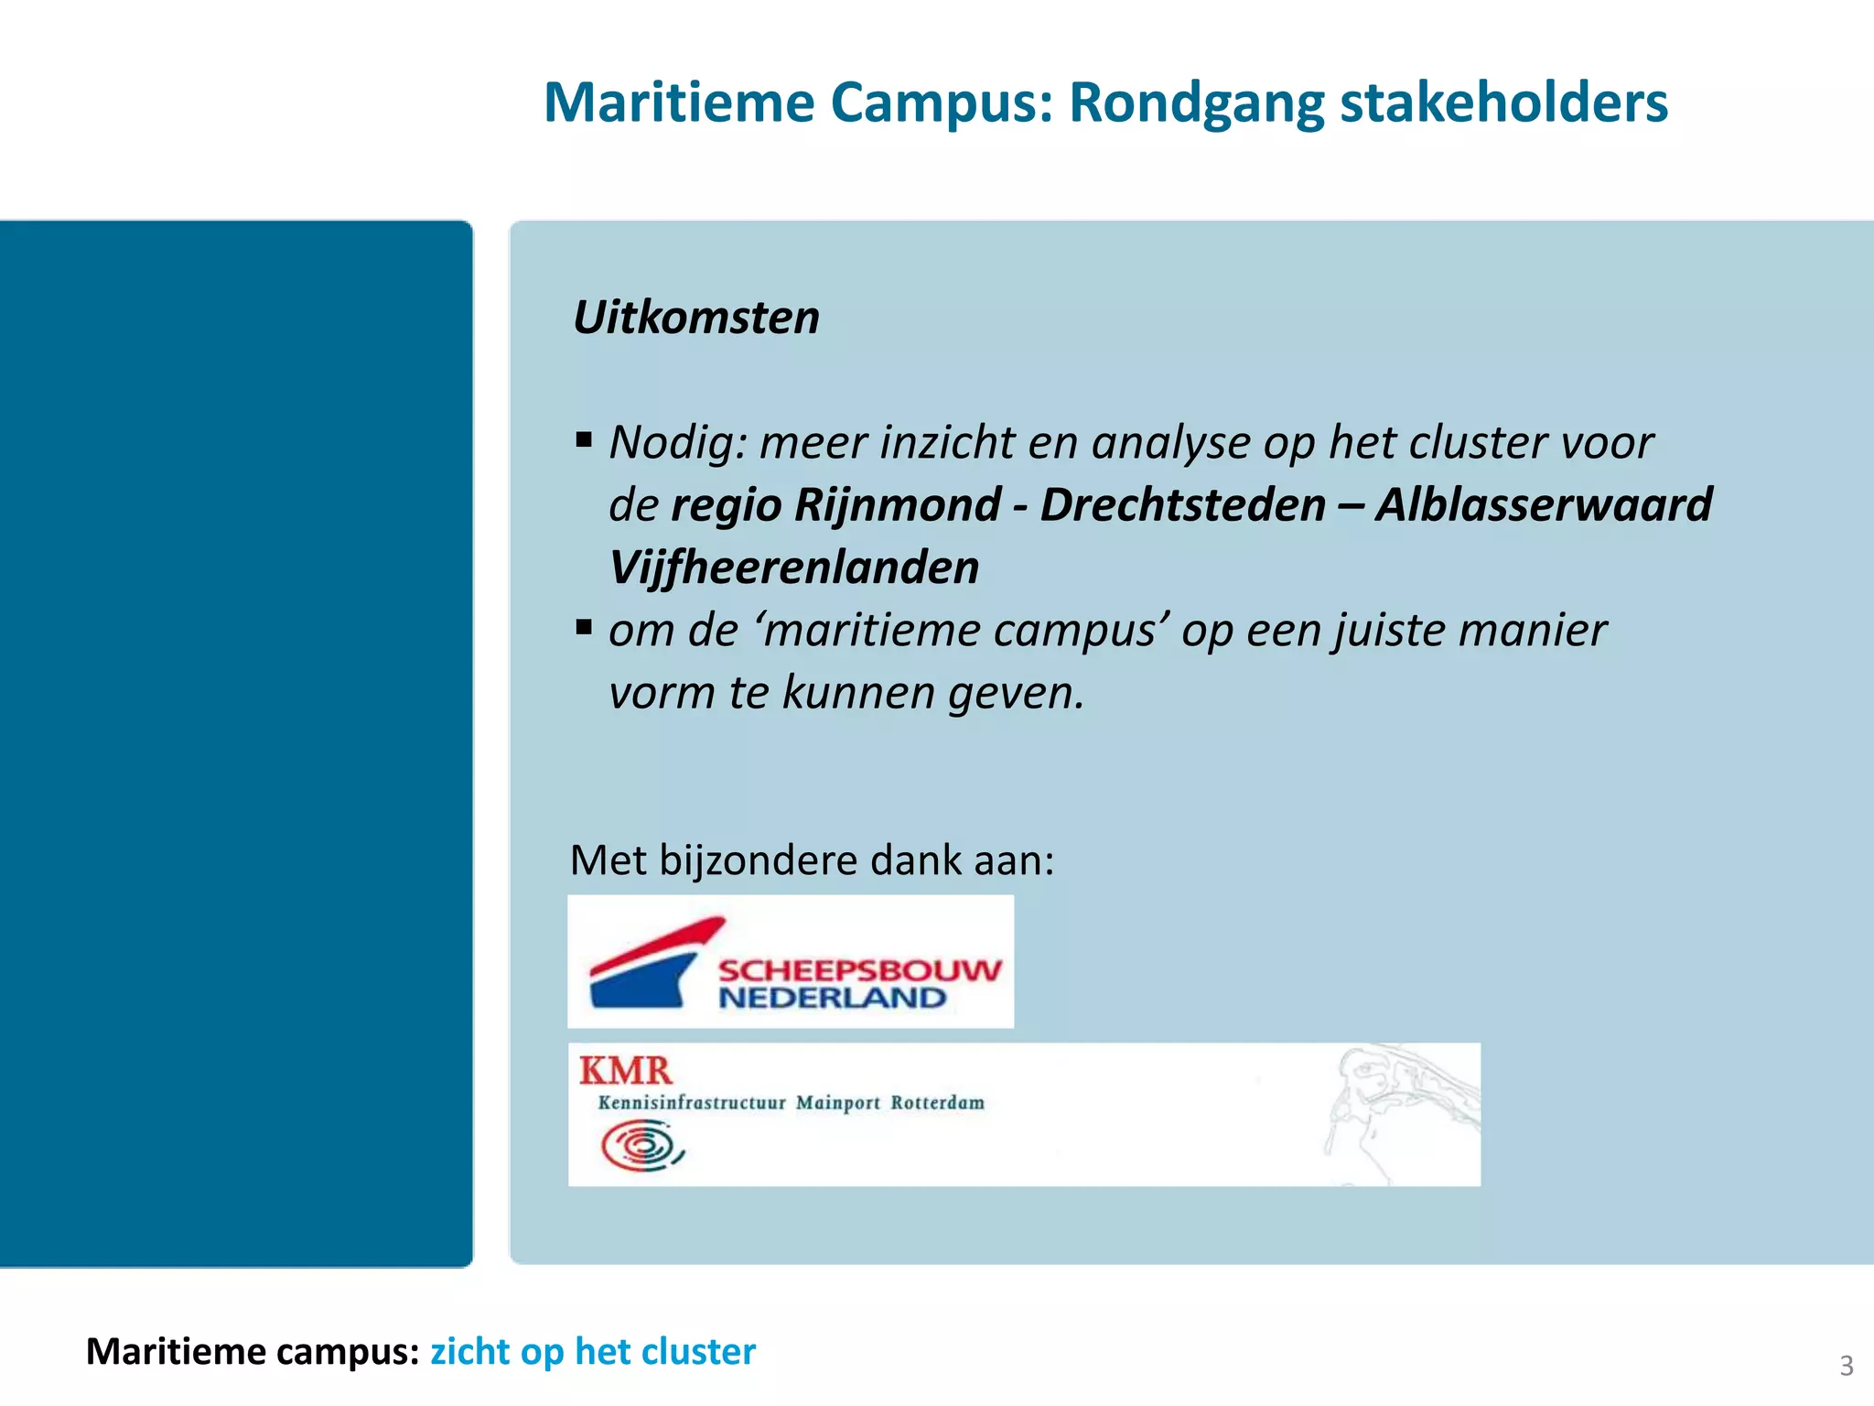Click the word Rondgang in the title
1194,103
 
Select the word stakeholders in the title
1503,103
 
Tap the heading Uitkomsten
695,318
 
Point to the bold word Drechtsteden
1182,505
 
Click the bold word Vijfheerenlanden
793,568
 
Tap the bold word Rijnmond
898,505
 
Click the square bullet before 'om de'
584,628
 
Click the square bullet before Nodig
584,440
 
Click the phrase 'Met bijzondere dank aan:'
812,860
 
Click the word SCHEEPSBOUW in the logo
859,970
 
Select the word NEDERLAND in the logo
832,998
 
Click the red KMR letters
626,1070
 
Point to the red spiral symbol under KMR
641,1146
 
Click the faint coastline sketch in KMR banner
1400,1108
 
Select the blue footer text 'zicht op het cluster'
593,1352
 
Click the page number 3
1847,1366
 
